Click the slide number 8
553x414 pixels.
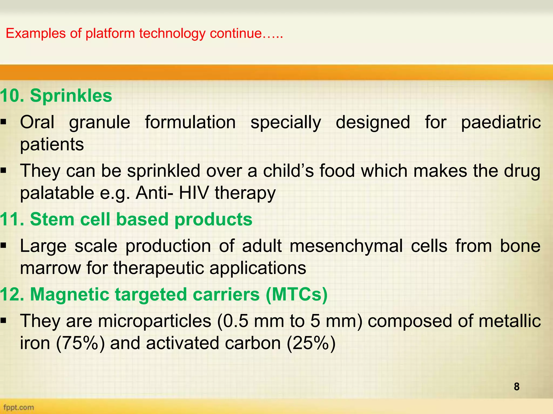pyautogui.click(x=517, y=387)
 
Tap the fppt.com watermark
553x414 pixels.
pyautogui.click(x=19, y=407)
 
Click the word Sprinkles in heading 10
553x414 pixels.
pyautogui.click(x=71, y=96)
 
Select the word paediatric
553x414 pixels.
pyautogui.click(x=501, y=123)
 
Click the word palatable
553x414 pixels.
pyautogui.click(x=57, y=193)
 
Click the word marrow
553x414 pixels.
pyautogui.click(x=50, y=268)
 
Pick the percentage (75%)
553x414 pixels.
pyautogui.click(x=80, y=343)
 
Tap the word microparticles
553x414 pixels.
pyautogui.click(x=154, y=321)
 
